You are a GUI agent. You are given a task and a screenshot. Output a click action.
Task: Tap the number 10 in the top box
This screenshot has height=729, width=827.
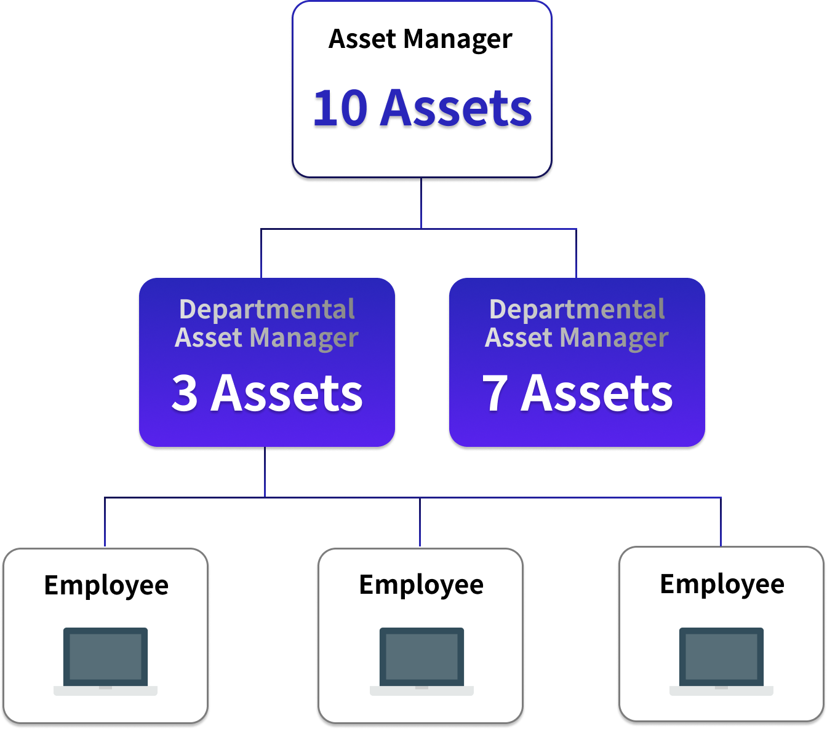click(340, 109)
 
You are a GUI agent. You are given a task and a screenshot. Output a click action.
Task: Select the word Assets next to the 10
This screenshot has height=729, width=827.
click(456, 109)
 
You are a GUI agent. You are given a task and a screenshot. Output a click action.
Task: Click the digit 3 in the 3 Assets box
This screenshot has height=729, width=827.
click(185, 393)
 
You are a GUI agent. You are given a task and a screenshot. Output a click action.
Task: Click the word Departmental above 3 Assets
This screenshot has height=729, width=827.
click(266, 309)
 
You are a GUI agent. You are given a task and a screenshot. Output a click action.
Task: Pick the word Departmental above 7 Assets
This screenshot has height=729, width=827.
click(577, 309)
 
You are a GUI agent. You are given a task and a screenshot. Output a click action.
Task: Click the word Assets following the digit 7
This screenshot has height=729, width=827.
click(597, 393)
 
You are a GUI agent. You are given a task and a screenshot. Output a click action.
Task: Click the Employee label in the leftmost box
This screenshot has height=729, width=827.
click(106, 585)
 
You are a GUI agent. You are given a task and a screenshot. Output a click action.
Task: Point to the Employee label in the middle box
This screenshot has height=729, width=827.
click(421, 585)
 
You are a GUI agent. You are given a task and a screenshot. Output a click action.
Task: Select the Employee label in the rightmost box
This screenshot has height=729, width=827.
click(722, 584)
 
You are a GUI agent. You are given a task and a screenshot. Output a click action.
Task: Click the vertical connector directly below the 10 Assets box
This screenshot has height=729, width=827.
click(421, 203)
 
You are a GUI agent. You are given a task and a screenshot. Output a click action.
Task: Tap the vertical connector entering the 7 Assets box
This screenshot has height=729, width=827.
click(576, 253)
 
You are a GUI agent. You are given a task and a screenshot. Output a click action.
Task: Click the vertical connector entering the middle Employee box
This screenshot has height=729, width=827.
click(420, 522)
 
